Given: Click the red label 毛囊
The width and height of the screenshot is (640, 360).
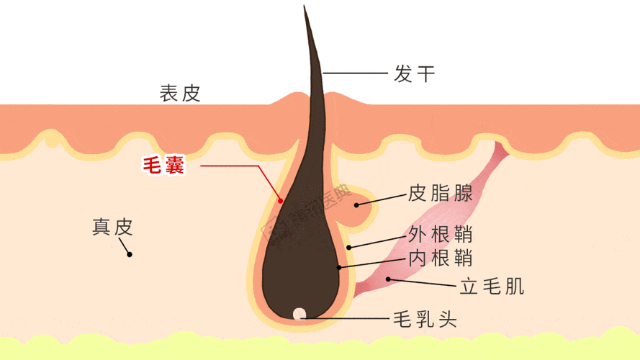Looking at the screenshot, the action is pyautogui.click(x=163, y=166).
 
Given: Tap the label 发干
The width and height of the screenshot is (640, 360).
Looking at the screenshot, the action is pyautogui.click(x=414, y=74).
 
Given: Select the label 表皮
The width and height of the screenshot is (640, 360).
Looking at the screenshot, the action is pyautogui.click(x=179, y=94).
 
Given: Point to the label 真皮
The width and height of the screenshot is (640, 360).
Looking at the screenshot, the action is pyautogui.click(x=112, y=227).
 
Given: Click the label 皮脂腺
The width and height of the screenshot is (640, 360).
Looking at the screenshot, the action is pyautogui.click(x=441, y=193).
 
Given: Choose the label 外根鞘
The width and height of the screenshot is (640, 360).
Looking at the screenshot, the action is pyautogui.click(x=441, y=234).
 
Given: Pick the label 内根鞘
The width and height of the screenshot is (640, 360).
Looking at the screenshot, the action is pyautogui.click(x=441, y=258).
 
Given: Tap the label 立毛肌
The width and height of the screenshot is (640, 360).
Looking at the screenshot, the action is pyautogui.click(x=492, y=286).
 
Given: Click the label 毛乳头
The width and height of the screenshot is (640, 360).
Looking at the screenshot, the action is pyautogui.click(x=425, y=319).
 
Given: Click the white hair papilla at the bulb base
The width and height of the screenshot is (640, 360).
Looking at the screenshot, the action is pyautogui.click(x=299, y=314).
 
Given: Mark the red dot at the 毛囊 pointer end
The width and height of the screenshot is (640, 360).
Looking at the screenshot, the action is pyautogui.click(x=281, y=201).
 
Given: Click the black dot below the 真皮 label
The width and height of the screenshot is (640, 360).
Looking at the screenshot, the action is pyautogui.click(x=130, y=254).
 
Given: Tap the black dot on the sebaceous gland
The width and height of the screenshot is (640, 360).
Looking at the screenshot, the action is pyautogui.click(x=356, y=205).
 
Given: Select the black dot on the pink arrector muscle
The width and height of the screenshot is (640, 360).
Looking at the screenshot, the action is pyautogui.click(x=388, y=279).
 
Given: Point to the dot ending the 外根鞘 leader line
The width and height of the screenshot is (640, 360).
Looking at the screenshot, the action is pyautogui.click(x=348, y=248).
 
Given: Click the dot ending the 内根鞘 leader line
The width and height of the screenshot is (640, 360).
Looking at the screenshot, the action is pyautogui.click(x=339, y=268).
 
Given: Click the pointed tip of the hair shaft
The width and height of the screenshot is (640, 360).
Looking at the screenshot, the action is pyautogui.click(x=304, y=5).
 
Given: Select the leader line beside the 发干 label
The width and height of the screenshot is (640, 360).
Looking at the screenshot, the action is pyautogui.click(x=355, y=73).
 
